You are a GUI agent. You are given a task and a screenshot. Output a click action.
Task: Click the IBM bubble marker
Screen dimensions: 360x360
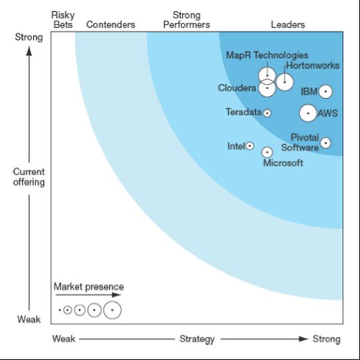[x=325, y=91]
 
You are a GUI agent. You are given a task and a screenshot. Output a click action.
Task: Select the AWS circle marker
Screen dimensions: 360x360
[x=308, y=113]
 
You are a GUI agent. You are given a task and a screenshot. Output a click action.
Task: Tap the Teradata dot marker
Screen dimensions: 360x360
[x=267, y=113]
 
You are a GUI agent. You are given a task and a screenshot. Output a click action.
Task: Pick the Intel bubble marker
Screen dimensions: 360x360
[x=250, y=145]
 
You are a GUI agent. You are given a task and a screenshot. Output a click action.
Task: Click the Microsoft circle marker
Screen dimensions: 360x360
[x=267, y=152]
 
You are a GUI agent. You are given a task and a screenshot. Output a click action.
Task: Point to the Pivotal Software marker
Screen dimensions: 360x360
[x=325, y=142]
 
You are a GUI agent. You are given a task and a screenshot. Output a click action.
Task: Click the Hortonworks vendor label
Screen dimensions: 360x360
[x=312, y=66]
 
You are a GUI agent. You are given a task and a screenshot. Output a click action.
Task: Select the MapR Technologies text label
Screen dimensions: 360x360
[x=267, y=55]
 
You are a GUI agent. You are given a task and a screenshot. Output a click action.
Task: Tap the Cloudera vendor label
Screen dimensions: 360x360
[x=237, y=88]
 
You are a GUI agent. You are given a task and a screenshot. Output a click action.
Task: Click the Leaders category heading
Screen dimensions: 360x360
[x=288, y=25]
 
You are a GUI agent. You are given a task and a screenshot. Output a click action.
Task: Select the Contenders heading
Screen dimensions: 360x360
[x=111, y=25]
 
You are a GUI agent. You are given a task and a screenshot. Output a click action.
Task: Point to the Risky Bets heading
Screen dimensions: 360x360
[x=63, y=19]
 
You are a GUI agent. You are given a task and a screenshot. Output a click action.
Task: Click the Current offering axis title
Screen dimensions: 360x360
[x=29, y=177]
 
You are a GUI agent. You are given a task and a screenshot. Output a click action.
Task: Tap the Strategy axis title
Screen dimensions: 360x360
[x=197, y=339]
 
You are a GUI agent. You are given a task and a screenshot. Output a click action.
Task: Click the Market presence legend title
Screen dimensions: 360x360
[x=89, y=287]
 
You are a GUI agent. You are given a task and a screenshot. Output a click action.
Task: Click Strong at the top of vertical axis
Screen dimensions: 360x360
[x=29, y=37]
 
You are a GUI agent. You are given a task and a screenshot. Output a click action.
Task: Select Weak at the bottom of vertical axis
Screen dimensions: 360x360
[x=29, y=320]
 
